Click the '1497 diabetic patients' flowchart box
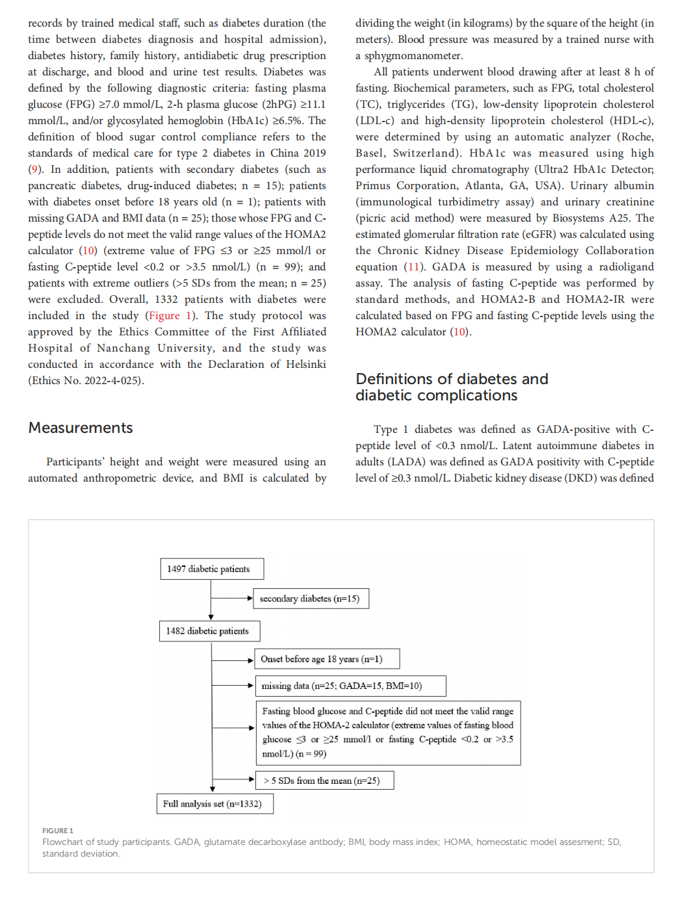coord(212,569)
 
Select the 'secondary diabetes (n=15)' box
coord(311,599)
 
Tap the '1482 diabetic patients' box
coord(209,631)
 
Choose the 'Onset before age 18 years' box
coord(327,659)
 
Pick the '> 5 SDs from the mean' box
coord(324,781)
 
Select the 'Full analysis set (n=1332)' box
coord(214,804)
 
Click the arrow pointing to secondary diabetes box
coord(232,598)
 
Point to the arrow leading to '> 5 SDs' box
coord(233,779)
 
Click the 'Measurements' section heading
coord(81,428)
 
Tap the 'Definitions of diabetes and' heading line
coord(452,379)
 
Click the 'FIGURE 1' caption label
coord(58,831)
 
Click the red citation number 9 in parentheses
coord(34,170)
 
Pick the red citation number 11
coord(413,267)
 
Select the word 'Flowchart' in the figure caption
coord(62,842)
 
